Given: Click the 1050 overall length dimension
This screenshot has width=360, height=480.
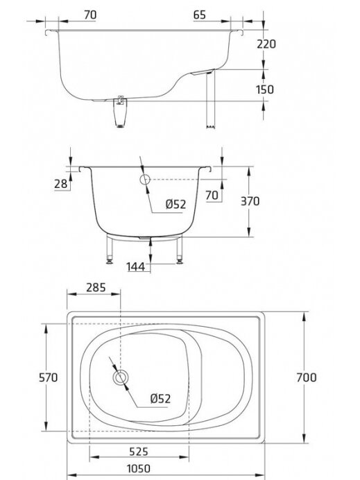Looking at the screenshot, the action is tap(138, 469).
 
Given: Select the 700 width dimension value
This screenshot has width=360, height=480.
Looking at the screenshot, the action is tap(306, 377).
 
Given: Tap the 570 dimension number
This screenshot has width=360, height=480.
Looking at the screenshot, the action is tap(48, 377).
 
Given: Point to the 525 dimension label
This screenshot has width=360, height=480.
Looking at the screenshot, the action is tap(138, 452).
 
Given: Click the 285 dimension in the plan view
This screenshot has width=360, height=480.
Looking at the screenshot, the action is tap(96, 287).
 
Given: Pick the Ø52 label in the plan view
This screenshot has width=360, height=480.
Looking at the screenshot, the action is tap(160, 399).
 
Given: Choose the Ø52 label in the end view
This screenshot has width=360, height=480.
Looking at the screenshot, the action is tap(175, 204).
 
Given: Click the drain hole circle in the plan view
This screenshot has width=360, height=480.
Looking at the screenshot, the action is tap(121, 377).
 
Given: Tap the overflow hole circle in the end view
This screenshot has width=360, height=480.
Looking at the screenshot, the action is tap(145, 180).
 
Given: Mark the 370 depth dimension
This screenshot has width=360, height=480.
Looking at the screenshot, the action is tap(250, 201).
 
